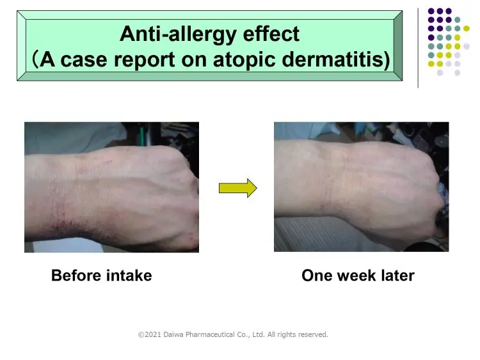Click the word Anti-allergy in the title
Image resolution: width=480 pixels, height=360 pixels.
coord(178,35)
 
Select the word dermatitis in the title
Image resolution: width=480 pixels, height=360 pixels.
coord(332,59)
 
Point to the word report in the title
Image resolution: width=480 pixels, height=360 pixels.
coord(144,60)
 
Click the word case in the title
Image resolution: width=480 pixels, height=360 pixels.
coord(84,60)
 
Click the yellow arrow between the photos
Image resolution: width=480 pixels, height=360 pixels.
coord(238,188)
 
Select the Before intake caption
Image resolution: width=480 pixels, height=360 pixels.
coord(101,276)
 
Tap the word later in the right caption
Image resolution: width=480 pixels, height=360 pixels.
coord(398,276)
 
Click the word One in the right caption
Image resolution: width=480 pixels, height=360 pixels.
coord(317,276)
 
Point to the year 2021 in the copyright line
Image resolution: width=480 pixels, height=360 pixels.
coord(153,334)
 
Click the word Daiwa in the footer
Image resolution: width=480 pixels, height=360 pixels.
coord(173,334)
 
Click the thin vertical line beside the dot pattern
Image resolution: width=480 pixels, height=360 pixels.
coord(418,48)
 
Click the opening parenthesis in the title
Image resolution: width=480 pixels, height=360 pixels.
coord(35,59)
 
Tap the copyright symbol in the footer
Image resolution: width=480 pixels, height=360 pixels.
coord(141,335)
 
